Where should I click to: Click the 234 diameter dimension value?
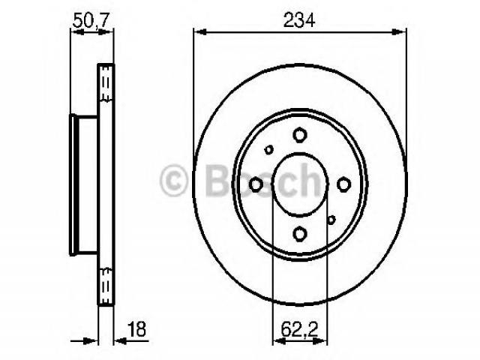(299, 20)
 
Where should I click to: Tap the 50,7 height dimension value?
(91, 21)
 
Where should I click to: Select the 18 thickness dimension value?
(136, 329)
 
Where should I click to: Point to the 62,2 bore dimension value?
(300, 330)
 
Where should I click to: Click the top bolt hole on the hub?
(300, 135)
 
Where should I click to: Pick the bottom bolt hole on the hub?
(300, 233)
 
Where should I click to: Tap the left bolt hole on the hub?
(256, 184)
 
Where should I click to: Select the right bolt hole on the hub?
(343, 184)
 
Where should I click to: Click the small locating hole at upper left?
(268, 150)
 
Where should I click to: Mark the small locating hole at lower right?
(331, 220)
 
